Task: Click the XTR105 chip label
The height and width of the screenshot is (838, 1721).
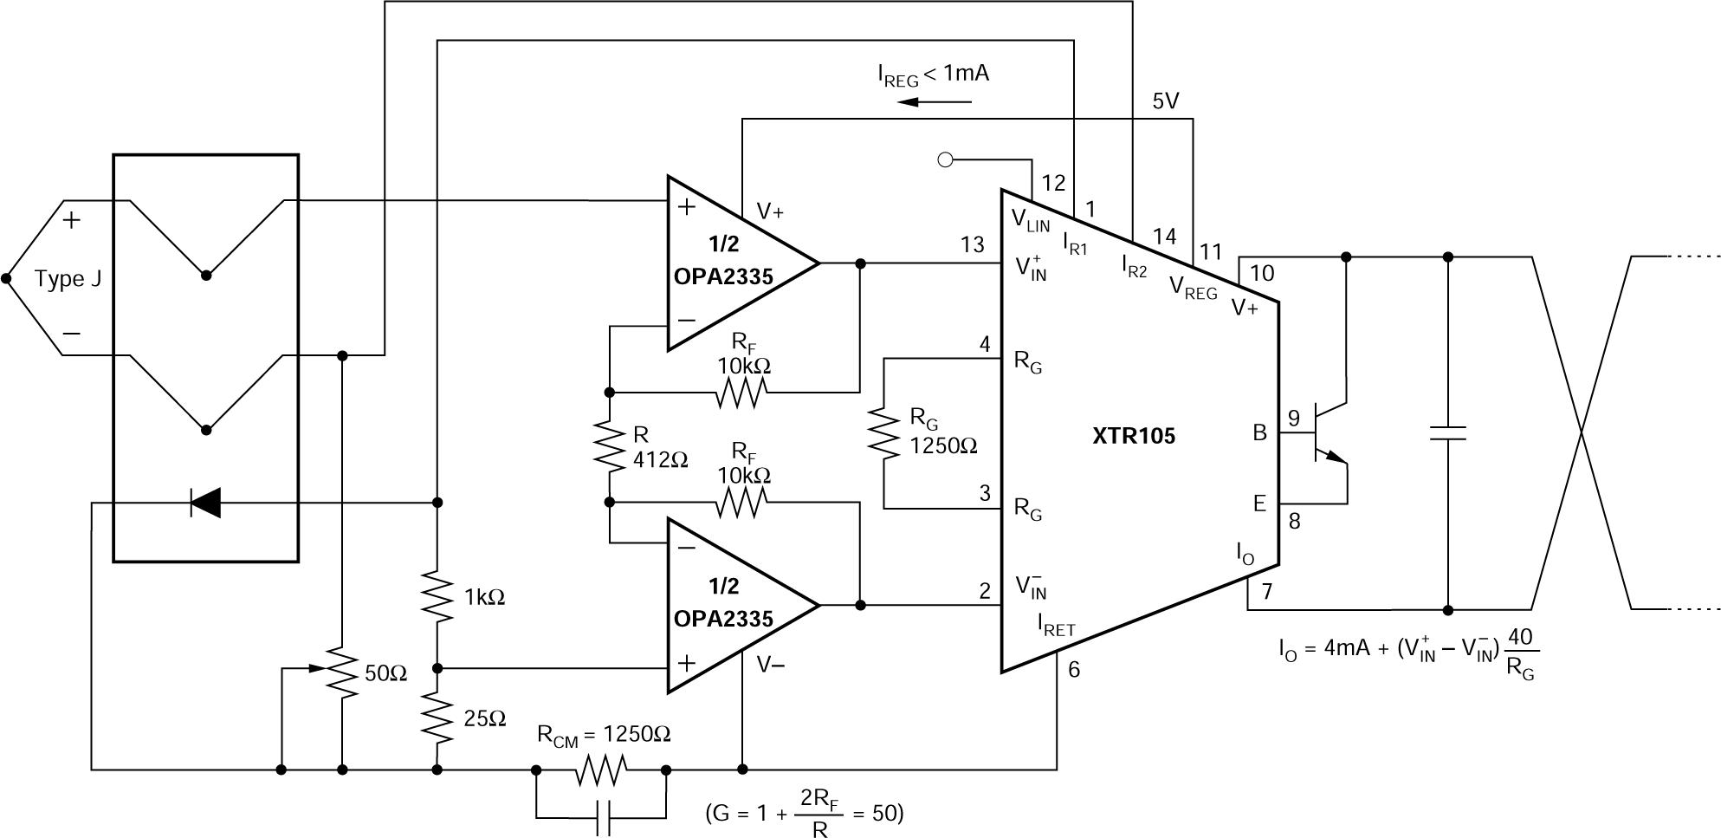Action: coord(1134,436)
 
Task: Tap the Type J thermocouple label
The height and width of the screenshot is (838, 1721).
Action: coord(68,279)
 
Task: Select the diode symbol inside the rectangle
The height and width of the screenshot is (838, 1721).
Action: coord(205,502)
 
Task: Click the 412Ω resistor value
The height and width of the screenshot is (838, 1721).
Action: coord(660,460)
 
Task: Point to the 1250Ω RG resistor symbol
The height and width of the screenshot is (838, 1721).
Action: coord(884,433)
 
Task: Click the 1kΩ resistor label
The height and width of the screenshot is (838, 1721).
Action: coord(484,597)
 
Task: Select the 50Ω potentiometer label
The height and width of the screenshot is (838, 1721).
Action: coord(385,673)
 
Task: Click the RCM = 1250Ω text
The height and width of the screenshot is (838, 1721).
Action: coord(604,734)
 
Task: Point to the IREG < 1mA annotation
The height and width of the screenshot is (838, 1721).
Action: coord(932,75)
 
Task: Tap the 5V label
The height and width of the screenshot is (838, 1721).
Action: coord(1166,101)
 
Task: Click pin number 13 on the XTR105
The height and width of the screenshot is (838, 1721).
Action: coord(973,245)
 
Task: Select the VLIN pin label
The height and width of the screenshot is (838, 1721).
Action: coord(1030,220)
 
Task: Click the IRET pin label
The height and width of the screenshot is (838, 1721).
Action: coord(1056,625)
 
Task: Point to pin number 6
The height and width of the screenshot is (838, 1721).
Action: coord(1074,669)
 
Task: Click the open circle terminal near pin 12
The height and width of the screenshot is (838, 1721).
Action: coord(946,159)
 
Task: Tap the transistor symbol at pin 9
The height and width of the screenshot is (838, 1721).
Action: coord(1325,433)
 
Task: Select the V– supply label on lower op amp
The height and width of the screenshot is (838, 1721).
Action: coord(772,665)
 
